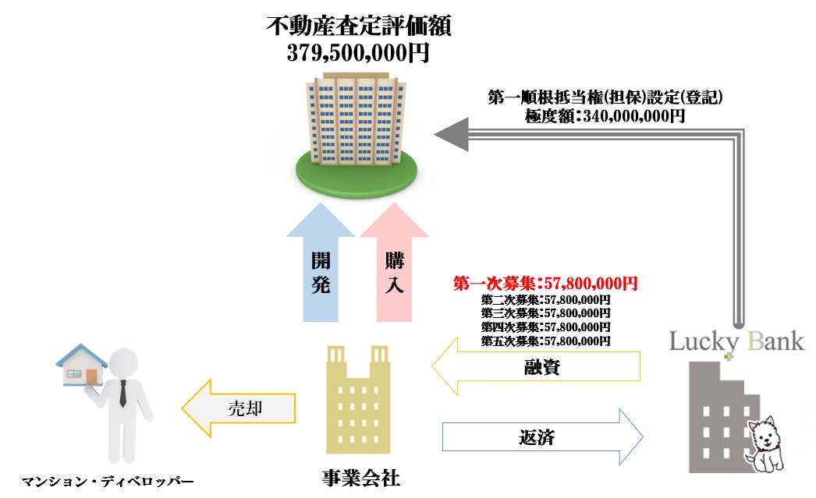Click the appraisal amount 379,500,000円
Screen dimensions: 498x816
point(358,54)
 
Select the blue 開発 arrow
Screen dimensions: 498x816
point(321,269)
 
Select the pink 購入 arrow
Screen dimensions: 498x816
point(394,269)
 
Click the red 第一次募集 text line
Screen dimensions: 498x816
point(545,284)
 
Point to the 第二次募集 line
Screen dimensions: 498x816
point(545,300)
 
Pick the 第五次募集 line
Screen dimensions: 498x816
point(545,341)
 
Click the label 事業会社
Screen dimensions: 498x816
point(361,478)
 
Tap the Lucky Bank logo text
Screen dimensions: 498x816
point(736,341)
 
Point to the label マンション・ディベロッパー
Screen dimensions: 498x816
point(107,481)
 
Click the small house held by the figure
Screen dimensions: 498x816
point(82,366)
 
